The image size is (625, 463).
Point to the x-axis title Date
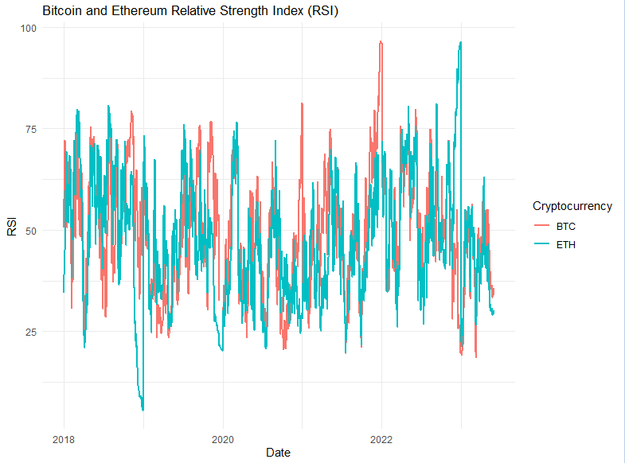click(x=278, y=453)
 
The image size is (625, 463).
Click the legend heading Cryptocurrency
click(x=572, y=206)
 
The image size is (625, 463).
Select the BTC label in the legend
click(x=566, y=227)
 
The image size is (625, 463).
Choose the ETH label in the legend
click(x=566, y=244)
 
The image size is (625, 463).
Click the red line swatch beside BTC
click(x=543, y=227)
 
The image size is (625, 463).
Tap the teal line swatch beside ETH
click(x=543, y=244)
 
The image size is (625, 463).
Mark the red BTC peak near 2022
click(x=381, y=42)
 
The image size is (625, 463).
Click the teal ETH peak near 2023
click(x=460, y=43)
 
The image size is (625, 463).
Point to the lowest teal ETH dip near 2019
click(x=143, y=409)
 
